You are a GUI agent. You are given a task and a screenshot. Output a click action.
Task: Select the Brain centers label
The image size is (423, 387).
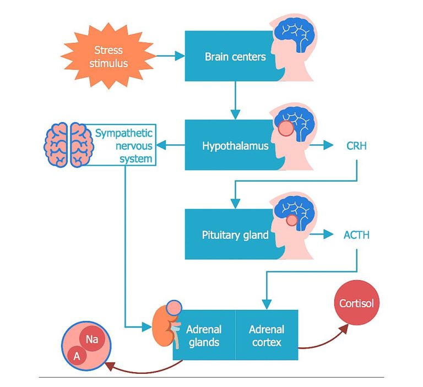click(235, 56)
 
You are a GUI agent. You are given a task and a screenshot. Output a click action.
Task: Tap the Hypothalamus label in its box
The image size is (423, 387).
click(235, 146)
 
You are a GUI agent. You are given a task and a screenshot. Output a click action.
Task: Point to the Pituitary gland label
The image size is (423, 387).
click(235, 235)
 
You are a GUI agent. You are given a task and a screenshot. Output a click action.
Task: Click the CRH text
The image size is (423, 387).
click(356, 146)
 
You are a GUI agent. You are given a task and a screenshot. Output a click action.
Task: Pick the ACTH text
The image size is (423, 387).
click(356, 236)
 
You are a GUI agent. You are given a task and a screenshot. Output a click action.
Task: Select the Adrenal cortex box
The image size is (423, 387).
click(267, 335)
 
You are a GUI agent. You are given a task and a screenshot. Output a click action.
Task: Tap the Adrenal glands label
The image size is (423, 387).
click(204, 335)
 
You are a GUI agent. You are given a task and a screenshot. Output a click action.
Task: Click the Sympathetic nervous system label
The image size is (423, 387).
click(124, 146)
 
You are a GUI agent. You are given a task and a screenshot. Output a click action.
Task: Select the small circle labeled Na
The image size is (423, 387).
click(92, 340)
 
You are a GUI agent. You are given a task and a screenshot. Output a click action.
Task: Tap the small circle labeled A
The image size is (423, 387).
click(76, 357)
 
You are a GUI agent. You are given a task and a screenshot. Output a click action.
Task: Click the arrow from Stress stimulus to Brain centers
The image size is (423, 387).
click(171, 56)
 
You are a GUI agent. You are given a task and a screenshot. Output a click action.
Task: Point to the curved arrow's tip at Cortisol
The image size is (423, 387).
click(346, 325)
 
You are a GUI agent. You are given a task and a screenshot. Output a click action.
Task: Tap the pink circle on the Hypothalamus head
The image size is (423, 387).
click(286, 130)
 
